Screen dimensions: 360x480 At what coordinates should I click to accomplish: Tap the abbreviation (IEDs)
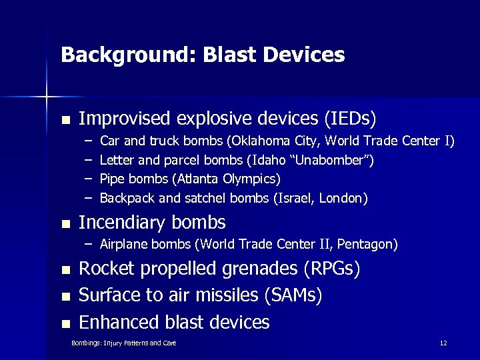(350, 119)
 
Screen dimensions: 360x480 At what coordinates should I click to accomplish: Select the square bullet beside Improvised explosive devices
(65, 121)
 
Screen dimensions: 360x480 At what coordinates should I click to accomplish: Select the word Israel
(301, 199)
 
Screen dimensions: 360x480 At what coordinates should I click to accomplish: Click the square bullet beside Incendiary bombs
(65, 223)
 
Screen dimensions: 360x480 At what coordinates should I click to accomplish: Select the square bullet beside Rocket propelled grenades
(65, 271)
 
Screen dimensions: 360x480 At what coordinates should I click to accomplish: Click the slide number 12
(443, 343)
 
